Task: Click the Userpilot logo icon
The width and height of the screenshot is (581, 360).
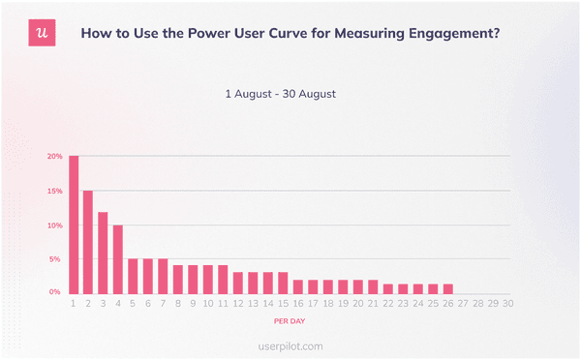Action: click(x=41, y=33)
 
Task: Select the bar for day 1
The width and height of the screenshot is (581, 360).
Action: click(x=74, y=225)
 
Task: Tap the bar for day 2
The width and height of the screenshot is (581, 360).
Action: click(x=88, y=242)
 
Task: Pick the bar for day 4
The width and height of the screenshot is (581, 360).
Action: click(x=118, y=259)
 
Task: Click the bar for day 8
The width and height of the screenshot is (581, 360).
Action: click(x=178, y=280)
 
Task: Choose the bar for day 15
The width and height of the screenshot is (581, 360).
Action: click(x=283, y=283)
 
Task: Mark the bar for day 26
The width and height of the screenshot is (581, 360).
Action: click(x=447, y=288)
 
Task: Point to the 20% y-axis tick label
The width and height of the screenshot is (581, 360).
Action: click(x=55, y=157)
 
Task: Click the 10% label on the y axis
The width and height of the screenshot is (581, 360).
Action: click(x=55, y=225)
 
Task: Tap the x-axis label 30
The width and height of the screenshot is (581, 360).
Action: click(x=507, y=303)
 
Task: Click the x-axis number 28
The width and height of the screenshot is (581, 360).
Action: click(x=477, y=303)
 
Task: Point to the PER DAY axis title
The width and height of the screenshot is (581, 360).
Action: click(x=290, y=320)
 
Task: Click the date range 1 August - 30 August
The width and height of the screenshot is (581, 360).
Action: click(x=280, y=94)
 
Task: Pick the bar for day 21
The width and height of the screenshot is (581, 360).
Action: click(x=373, y=286)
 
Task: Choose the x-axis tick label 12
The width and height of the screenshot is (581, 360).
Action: click(x=238, y=303)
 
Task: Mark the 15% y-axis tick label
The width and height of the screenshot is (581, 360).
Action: click(x=55, y=192)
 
